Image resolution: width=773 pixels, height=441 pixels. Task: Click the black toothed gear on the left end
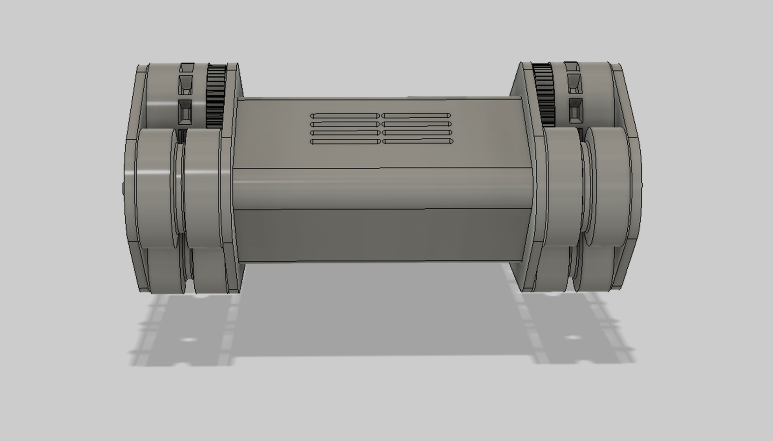(x=216, y=96)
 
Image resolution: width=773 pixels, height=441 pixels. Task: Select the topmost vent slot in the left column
(x=344, y=116)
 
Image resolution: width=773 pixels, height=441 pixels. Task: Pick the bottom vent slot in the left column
(x=344, y=141)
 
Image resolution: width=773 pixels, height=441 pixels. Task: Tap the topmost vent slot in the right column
(x=416, y=115)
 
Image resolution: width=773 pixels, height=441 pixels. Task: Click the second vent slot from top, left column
(x=344, y=124)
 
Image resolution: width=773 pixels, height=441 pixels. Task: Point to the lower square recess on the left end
(x=185, y=111)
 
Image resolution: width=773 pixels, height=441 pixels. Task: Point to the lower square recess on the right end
(x=575, y=111)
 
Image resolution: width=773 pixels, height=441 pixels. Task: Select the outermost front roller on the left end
(x=153, y=187)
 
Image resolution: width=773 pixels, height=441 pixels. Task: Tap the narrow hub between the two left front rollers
(x=179, y=187)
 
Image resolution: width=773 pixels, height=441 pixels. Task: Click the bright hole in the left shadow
(x=188, y=339)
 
